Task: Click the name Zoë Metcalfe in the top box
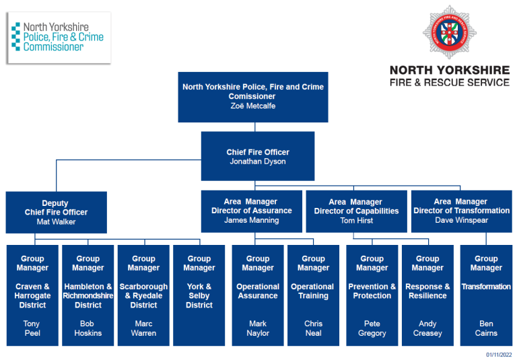click(x=252, y=106)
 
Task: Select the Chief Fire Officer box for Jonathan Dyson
click(x=257, y=156)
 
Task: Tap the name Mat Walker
click(x=56, y=221)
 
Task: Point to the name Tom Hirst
click(x=356, y=221)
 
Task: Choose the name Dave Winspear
click(x=461, y=220)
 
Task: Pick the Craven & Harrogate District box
click(x=32, y=295)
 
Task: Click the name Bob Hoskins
click(x=88, y=328)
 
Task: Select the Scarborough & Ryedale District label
click(x=143, y=296)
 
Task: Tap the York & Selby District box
click(x=199, y=295)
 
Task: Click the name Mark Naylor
click(x=258, y=328)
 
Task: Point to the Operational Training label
click(x=312, y=291)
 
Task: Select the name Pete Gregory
click(x=372, y=328)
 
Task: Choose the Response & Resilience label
click(x=427, y=291)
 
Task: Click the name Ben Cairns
click(x=486, y=328)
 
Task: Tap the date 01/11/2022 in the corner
click(x=499, y=355)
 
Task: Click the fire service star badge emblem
click(x=449, y=32)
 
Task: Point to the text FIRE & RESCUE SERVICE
click(x=450, y=82)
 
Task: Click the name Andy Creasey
click(x=427, y=328)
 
